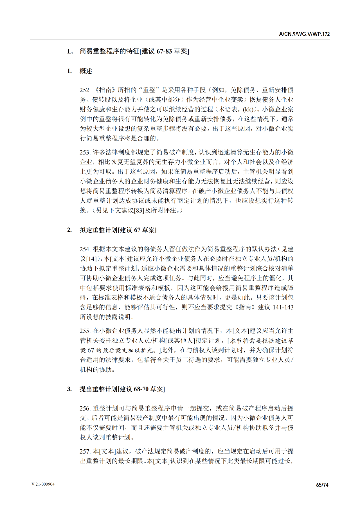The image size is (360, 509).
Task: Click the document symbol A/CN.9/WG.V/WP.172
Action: (304, 34)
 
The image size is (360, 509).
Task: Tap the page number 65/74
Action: (322, 485)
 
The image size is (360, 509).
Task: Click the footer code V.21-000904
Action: (43, 484)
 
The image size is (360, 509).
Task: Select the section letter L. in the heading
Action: (70, 51)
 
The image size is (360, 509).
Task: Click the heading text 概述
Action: (86, 71)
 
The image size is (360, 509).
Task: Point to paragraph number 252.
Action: (85, 90)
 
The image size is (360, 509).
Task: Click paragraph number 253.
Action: (85, 153)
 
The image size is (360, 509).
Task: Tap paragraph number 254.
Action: (85, 249)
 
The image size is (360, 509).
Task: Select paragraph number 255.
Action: (85, 331)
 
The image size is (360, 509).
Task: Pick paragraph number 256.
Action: (85, 409)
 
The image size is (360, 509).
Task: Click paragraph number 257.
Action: (85, 452)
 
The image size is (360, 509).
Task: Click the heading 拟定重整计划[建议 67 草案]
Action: (118, 230)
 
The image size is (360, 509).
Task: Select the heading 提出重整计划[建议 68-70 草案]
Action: (122, 389)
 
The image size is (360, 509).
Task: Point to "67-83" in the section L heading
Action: (164, 51)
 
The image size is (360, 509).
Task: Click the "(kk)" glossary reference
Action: (248, 110)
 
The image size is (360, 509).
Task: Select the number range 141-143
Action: (283, 307)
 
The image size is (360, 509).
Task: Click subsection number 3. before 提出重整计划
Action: (69, 389)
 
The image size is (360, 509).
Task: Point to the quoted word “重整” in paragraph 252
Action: (149, 90)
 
